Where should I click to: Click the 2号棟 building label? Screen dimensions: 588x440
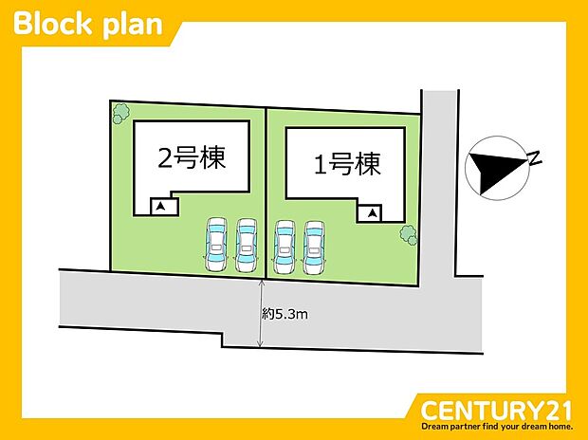(192, 159)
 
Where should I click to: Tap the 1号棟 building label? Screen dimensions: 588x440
(347, 166)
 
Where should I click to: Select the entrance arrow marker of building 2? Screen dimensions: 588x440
(161, 206)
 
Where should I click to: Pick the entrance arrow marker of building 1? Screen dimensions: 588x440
(371, 213)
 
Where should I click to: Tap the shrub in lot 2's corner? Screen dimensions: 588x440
(120, 113)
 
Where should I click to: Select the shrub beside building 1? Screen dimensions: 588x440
(409, 232)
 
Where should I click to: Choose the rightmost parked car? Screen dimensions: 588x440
(314, 247)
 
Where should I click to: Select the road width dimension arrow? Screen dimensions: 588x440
(262, 314)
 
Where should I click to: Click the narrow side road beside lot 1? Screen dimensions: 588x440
(438, 190)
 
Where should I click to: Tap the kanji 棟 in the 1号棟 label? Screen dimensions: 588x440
(368, 166)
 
